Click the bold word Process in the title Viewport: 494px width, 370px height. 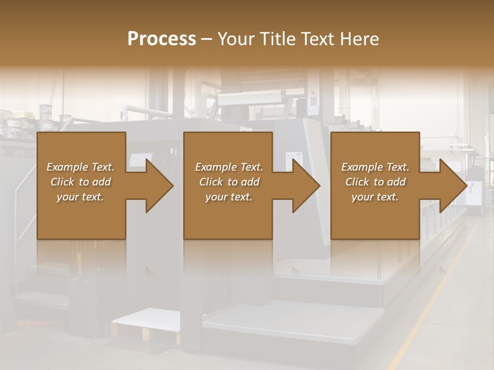[162, 39]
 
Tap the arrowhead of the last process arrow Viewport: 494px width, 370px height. [452, 186]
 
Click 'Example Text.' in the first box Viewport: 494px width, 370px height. [80, 167]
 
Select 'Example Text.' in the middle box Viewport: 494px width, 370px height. [228, 167]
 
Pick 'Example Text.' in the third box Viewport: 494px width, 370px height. [375, 167]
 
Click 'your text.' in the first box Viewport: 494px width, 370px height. [80, 197]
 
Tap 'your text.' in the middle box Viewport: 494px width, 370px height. [228, 197]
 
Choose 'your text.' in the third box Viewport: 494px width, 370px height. [375, 197]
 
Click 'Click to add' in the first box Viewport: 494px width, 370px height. [80, 182]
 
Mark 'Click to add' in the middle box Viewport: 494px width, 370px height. [228, 182]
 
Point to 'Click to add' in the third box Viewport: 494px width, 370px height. [375, 182]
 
